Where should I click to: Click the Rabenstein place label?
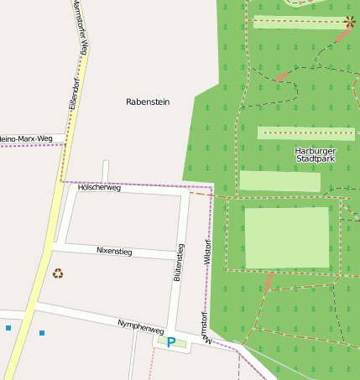[x=148, y=102]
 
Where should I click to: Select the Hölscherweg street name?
[x=99, y=188]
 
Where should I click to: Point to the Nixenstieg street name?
[x=114, y=250]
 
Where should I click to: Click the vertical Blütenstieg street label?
[x=178, y=262]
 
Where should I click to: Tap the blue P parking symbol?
[x=171, y=342]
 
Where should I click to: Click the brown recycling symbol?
[x=58, y=273]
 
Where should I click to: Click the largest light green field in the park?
[x=286, y=237]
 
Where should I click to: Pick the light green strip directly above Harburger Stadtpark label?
[x=305, y=133]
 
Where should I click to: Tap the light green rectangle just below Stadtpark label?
[x=279, y=181]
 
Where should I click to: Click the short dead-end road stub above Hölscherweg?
[x=106, y=171]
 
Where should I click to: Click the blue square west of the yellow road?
[x=8, y=327]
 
